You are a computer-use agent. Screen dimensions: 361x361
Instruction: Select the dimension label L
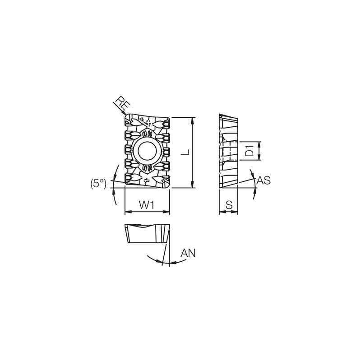185,152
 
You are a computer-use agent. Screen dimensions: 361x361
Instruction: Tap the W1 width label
147,205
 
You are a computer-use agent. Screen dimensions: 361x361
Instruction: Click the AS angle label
264,180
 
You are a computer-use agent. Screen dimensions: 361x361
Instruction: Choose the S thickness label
229,205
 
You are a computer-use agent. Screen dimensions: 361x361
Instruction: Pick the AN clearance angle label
188,253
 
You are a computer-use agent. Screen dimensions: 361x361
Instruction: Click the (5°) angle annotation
98,183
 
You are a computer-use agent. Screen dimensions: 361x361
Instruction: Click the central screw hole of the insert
147,151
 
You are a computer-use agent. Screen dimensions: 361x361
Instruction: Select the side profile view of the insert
228,151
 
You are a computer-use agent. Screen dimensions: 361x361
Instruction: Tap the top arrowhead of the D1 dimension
259,143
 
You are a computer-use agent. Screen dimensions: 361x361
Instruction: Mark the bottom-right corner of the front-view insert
168,186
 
